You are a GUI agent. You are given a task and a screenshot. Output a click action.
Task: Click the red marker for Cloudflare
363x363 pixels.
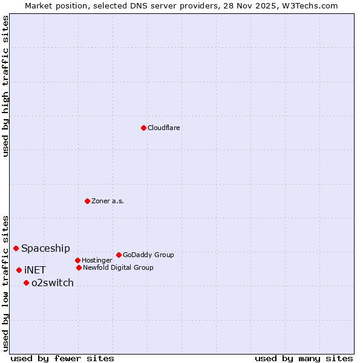click(x=143, y=128)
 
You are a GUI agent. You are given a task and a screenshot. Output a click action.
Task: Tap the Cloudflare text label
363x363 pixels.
click(x=163, y=128)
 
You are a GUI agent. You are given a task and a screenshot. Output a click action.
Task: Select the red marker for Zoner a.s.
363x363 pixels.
click(x=87, y=201)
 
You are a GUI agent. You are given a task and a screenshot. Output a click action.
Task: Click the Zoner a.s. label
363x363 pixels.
click(x=108, y=201)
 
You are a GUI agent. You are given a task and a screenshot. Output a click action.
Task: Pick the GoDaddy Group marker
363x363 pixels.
click(x=119, y=255)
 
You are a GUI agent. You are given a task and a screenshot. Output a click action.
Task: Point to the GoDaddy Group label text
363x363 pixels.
click(x=148, y=255)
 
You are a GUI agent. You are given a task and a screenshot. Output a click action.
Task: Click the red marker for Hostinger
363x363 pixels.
click(x=77, y=260)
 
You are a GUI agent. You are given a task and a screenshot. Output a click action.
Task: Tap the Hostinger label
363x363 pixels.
click(x=97, y=261)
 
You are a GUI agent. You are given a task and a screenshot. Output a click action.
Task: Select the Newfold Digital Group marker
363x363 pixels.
click(x=79, y=267)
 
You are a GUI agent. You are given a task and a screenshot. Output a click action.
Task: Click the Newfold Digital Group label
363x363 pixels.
click(x=118, y=268)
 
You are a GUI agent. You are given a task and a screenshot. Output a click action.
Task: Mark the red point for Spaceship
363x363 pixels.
click(x=16, y=248)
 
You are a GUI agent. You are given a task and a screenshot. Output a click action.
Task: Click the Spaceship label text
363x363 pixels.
click(x=45, y=249)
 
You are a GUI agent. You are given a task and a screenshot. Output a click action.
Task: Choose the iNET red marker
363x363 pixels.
click(x=19, y=270)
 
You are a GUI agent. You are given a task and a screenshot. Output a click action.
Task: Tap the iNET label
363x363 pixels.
click(x=35, y=270)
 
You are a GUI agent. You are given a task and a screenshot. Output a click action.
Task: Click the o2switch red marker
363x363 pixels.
click(x=26, y=283)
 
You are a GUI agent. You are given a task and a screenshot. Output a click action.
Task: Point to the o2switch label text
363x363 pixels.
click(x=53, y=283)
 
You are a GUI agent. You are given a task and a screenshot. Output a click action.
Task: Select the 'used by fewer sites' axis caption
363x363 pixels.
click(x=62, y=358)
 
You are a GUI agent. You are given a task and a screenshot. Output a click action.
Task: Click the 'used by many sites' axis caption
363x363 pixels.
click(x=304, y=358)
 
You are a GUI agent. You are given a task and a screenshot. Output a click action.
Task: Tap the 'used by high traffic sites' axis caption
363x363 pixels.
click(x=5, y=87)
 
